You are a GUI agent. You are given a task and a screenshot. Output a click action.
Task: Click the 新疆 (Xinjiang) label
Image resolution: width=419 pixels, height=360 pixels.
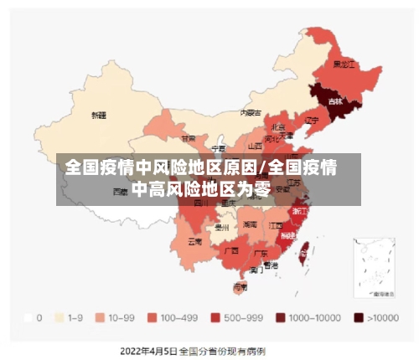(x=99, y=115)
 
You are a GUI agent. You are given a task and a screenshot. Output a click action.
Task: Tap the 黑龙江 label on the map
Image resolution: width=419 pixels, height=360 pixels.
(x=344, y=64)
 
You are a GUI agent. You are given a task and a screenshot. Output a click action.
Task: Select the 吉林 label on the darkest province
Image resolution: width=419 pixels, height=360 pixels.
(x=335, y=101)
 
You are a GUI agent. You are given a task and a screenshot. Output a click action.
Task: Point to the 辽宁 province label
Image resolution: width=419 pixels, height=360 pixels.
(x=313, y=120)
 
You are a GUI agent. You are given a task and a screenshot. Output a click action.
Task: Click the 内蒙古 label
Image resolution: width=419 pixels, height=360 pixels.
(x=249, y=111)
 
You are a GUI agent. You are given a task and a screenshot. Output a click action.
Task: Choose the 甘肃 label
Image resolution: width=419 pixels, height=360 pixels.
(x=189, y=138)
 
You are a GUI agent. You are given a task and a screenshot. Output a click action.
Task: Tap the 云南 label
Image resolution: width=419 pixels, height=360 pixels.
(x=194, y=241)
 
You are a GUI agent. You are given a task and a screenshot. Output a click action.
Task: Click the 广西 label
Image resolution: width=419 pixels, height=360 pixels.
(x=232, y=249)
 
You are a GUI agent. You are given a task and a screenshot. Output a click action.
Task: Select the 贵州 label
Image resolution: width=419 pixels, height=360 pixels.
(x=222, y=226)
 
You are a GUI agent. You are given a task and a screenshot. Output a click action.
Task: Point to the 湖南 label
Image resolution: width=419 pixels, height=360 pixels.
(x=250, y=224)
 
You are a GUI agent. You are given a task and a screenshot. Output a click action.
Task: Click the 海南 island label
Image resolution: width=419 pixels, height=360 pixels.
(x=240, y=287)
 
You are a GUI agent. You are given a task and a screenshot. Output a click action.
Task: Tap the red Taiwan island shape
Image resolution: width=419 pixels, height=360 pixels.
(x=305, y=248)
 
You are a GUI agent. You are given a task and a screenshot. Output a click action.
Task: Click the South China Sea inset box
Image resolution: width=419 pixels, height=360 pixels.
(x=374, y=268)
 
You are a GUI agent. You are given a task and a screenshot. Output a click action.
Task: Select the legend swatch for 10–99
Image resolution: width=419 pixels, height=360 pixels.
(x=99, y=318)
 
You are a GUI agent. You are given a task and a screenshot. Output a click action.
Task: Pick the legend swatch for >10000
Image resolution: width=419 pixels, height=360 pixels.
(x=358, y=318)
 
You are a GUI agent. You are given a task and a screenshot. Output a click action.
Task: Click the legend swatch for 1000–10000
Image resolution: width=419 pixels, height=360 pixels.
(x=281, y=318)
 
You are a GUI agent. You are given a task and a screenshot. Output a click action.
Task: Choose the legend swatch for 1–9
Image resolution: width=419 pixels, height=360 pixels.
(x=59, y=318)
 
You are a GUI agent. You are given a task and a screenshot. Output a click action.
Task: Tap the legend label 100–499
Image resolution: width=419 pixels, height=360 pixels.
(x=178, y=318)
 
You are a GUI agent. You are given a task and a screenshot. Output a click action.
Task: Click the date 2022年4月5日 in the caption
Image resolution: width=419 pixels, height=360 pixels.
(x=149, y=349)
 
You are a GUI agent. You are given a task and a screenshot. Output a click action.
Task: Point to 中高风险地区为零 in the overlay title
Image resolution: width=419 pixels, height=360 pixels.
(x=201, y=189)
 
